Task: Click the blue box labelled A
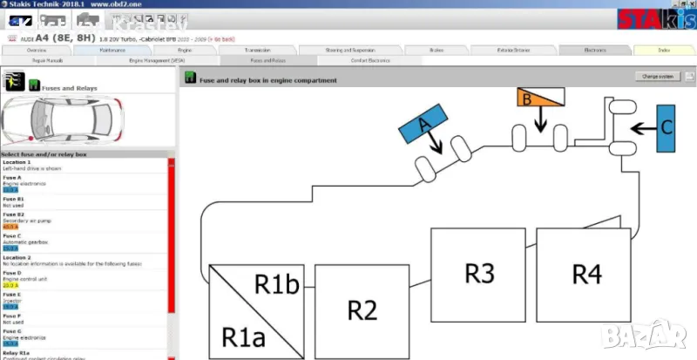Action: [x=424, y=124]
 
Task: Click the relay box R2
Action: [x=361, y=309]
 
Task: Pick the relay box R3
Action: [x=478, y=273]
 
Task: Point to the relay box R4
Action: [x=586, y=273]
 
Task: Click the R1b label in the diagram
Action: [x=278, y=283]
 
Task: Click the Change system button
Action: [x=658, y=77]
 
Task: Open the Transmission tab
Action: [x=258, y=51]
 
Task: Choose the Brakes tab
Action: [x=437, y=51]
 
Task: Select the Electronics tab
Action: [x=595, y=51]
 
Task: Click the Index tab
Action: [x=664, y=51]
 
